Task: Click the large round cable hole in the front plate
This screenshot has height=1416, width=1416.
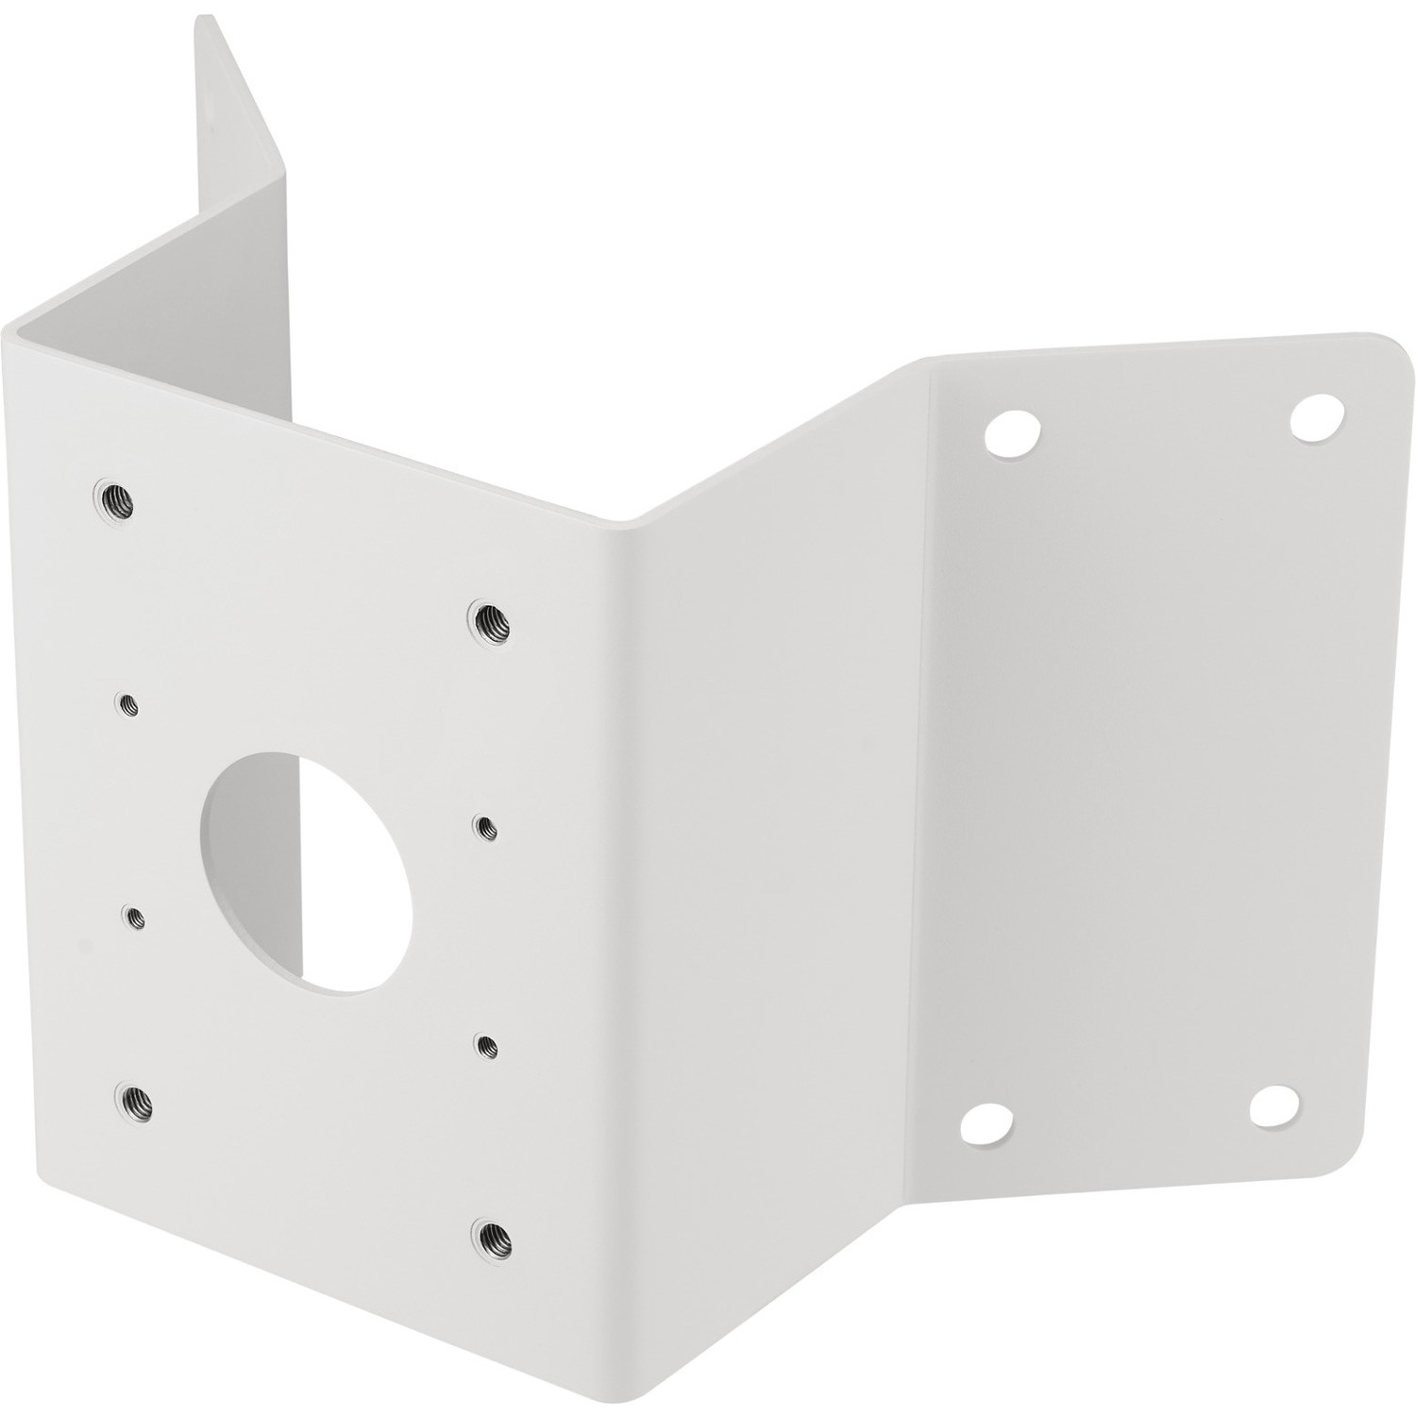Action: point(307,870)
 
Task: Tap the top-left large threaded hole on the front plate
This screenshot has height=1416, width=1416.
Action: point(113,498)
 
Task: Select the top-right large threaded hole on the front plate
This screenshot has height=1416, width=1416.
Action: point(489,619)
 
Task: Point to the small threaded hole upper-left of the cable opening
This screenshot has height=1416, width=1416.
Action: point(126,702)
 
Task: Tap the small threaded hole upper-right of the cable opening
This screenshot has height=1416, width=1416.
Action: point(485,827)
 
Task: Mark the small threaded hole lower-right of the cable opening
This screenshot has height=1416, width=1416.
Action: point(486,1044)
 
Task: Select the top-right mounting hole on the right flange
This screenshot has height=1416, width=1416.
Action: point(1315,416)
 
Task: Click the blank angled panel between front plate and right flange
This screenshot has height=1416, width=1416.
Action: point(774,850)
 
